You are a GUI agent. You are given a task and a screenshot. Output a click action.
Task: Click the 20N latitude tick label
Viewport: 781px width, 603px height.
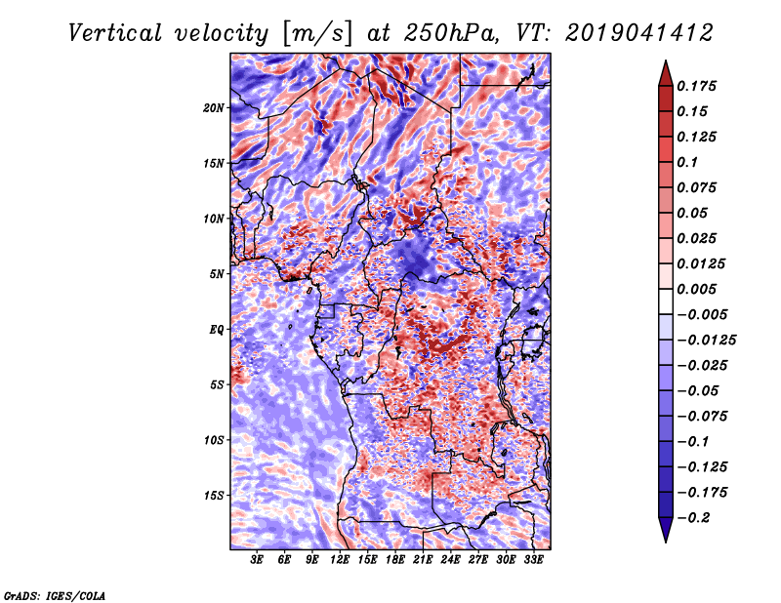click(x=214, y=108)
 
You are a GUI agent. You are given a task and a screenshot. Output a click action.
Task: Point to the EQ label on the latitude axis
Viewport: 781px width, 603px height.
click(x=216, y=330)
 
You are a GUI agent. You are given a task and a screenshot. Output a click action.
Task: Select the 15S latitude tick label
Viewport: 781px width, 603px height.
click(x=214, y=496)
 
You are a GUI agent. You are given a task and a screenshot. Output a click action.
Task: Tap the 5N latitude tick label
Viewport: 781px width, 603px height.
click(x=217, y=274)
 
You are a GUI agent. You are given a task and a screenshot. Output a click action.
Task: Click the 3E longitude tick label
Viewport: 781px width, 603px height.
click(x=257, y=560)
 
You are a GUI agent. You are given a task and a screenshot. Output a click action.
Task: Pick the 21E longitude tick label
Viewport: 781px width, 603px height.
click(x=423, y=560)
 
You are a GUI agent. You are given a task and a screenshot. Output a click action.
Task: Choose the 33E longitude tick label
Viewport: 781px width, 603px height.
click(x=533, y=560)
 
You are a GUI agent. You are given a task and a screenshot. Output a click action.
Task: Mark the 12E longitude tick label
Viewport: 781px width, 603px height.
click(x=339, y=560)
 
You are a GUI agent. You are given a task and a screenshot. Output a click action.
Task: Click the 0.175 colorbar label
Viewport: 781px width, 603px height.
click(x=696, y=86)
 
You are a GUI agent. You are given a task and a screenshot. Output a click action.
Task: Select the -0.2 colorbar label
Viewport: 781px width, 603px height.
click(x=692, y=518)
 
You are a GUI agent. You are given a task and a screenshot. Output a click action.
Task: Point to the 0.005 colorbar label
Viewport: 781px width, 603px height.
click(x=696, y=289)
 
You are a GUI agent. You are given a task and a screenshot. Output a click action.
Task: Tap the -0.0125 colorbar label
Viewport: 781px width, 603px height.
click(x=706, y=341)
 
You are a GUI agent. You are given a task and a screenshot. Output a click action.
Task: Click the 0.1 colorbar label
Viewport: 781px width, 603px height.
click(x=687, y=162)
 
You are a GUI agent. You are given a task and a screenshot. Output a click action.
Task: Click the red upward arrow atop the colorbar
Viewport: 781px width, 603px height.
click(x=666, y=73)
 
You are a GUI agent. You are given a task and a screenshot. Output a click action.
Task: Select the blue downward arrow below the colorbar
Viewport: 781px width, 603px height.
click(x=666, y=530)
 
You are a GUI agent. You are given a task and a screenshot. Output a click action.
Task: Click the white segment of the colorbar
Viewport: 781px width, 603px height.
click(x=666, y=301)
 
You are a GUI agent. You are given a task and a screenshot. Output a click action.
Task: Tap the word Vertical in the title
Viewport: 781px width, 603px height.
click(x=115, y=33)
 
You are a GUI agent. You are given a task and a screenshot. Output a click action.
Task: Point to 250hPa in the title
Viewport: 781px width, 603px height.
click(x=451, y=33)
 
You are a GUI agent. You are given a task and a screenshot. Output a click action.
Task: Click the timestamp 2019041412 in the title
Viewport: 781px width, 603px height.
click(x=639, y=33)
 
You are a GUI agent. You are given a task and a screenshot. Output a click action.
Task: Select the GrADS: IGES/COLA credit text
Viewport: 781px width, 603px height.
click(x=55, y=595)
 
